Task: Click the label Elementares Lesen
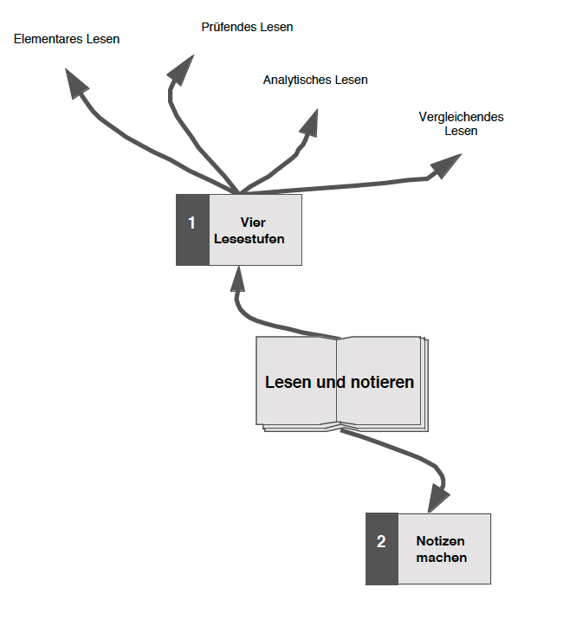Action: click(x=67, y=39)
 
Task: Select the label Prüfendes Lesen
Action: click(x=247, y=27)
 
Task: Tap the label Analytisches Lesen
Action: click(x=315, y=80)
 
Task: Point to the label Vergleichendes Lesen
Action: click(x=461, y=124)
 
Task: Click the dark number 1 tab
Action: click(x=192, y=229)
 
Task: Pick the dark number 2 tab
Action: click(x=381, y=549)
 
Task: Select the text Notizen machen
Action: click(x=441, y=550)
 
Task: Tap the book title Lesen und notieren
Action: click(x=340, y=382)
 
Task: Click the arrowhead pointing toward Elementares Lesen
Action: click(x=77, y=83)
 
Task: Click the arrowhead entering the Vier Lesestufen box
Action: click(x=237, y=279)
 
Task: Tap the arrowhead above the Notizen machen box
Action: click(x=440, y=497)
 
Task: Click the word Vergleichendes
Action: click(x=461, y=117)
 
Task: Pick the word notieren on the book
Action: click(x=379, y=382)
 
